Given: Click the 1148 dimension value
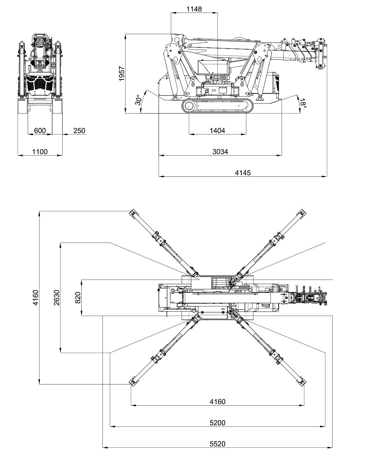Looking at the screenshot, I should (x=194, y=9).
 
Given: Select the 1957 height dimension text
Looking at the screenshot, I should (x=122, y=73).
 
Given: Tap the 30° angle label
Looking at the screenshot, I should (x=138, y=101).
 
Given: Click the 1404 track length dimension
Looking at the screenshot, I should (x=217, y=131).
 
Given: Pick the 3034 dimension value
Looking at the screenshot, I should (x=220, y=152).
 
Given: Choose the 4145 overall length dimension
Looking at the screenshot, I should (x=243, y=173).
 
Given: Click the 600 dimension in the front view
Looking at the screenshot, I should (x=40, y=131).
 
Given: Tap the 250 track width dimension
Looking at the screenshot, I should (x=79, y=131).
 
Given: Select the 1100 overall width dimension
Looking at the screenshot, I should (x=40, y=152).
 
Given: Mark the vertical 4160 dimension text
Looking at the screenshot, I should (x=35, y=298).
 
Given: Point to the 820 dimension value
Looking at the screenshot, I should (x=78, y=298).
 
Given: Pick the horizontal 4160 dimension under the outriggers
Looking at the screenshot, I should (x=217, y=402).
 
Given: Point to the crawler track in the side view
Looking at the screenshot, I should (x=217, y=106).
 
